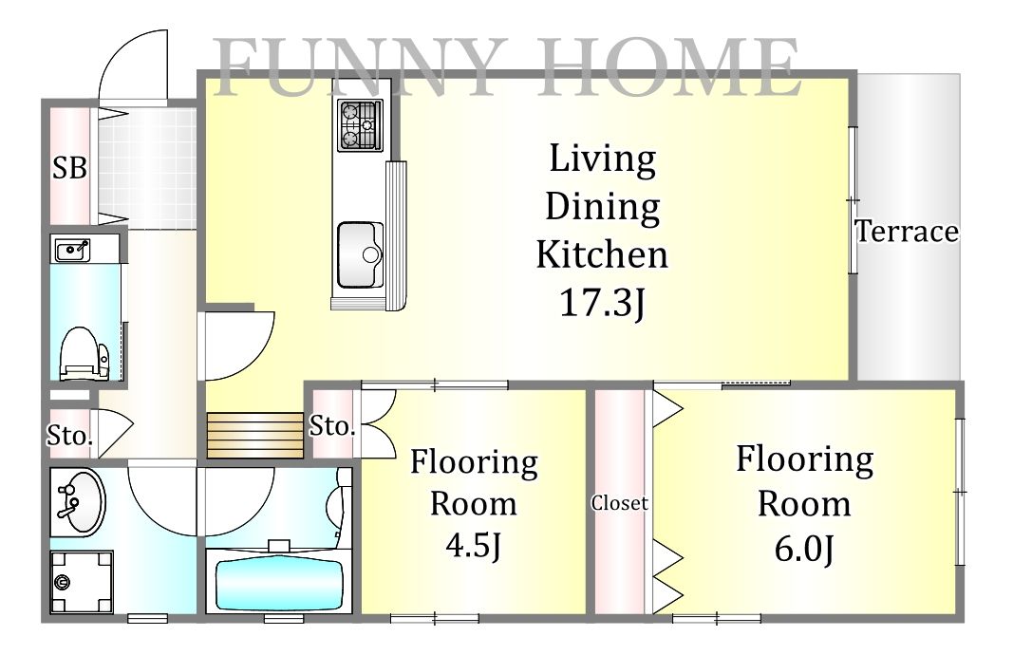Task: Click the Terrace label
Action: coord(907,232)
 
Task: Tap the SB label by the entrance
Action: coord(69,168)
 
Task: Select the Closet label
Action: coord(619,503)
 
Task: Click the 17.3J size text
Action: coord(602,302)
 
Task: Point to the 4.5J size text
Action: coord(474,545)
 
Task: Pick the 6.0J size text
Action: coord(804,549)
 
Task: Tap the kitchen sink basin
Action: coord(360,255)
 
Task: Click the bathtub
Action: coord(279,584)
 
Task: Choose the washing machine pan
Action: coord(82,582)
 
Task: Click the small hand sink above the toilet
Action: coord(72,250)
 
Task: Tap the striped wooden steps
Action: coord(254,436)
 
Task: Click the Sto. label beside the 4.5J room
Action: coord(332,426)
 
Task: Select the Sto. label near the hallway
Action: coord(69,436)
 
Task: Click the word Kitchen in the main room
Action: coord(602,254)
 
